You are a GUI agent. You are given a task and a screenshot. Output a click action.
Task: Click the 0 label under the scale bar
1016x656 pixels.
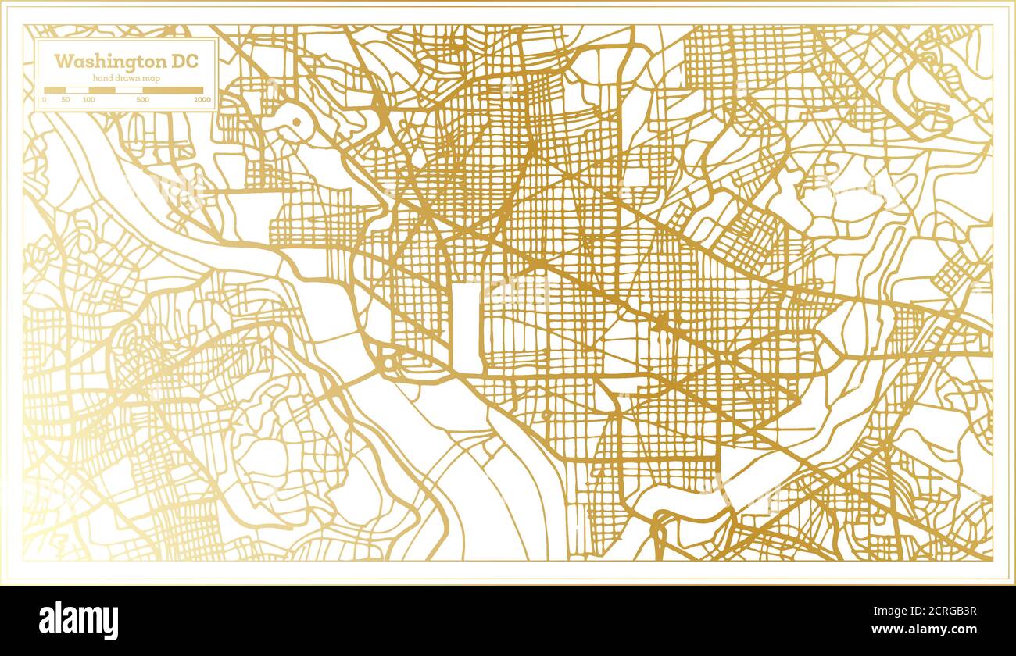[45, 100]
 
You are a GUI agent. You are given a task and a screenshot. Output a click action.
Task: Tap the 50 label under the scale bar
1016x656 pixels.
[66, 100]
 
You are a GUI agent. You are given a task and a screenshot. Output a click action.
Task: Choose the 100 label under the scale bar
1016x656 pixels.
[88, 100]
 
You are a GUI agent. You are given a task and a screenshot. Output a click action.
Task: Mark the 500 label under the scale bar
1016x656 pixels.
[142, 100]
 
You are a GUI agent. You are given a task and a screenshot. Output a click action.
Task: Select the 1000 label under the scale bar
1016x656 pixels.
[202, 100]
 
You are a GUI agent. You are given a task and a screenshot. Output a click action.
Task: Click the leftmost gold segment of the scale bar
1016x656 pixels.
[55, 91]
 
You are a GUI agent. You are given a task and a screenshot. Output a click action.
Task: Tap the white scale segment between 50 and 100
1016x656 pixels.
[77, 91]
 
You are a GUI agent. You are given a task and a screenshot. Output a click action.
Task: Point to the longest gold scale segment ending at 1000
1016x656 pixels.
[173, 91]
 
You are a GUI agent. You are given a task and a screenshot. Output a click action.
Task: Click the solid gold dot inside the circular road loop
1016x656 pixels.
[296, 122]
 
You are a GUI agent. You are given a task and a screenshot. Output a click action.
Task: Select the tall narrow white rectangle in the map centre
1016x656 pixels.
[467, 328]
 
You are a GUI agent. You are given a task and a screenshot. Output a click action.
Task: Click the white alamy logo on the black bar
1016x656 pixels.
[79, 620]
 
